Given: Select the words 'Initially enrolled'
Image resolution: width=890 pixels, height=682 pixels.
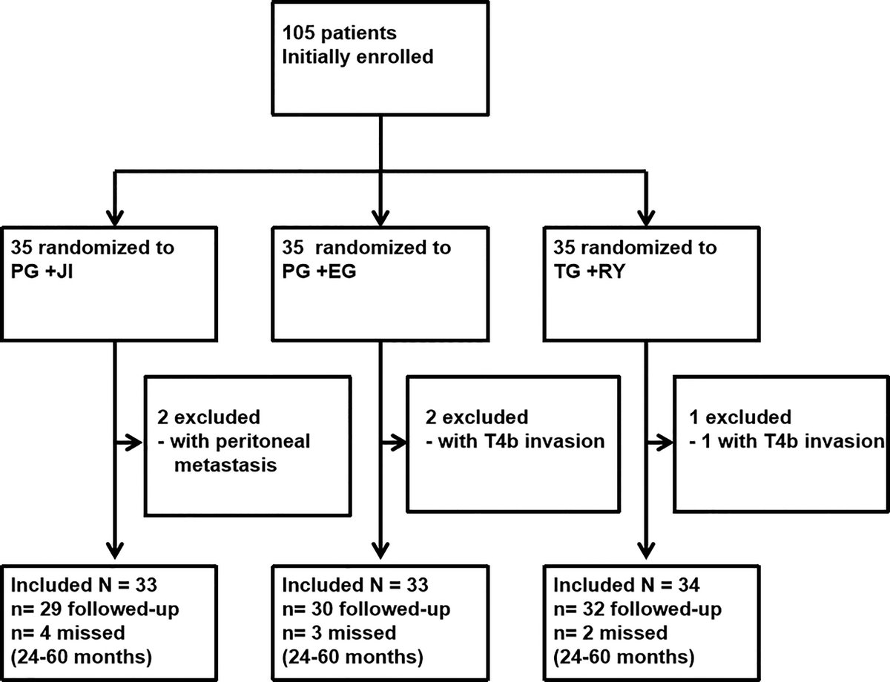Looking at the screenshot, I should point(357,57).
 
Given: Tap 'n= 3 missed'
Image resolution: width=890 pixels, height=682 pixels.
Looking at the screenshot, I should point(334,635).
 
